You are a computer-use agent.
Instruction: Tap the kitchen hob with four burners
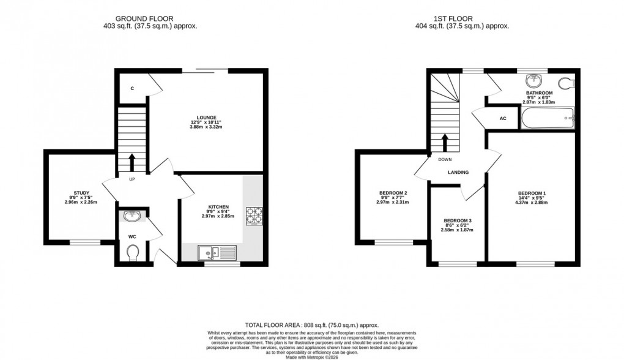tap(253, 216)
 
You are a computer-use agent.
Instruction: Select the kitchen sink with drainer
tap(217, 252)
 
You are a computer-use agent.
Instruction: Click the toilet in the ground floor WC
tap(133, 252)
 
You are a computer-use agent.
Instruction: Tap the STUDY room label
tap(81, 193)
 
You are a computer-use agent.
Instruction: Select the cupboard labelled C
tap(132, 89)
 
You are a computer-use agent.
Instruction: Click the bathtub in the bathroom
tap(548, 118)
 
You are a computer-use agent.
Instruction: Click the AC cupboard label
tap(503, 118)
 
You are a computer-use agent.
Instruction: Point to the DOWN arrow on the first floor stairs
tap(445, 143)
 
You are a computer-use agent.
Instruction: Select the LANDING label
tap(458, 173)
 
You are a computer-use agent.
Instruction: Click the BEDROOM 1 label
tap(532, 193)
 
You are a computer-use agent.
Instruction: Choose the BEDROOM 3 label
tap(458, 220)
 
